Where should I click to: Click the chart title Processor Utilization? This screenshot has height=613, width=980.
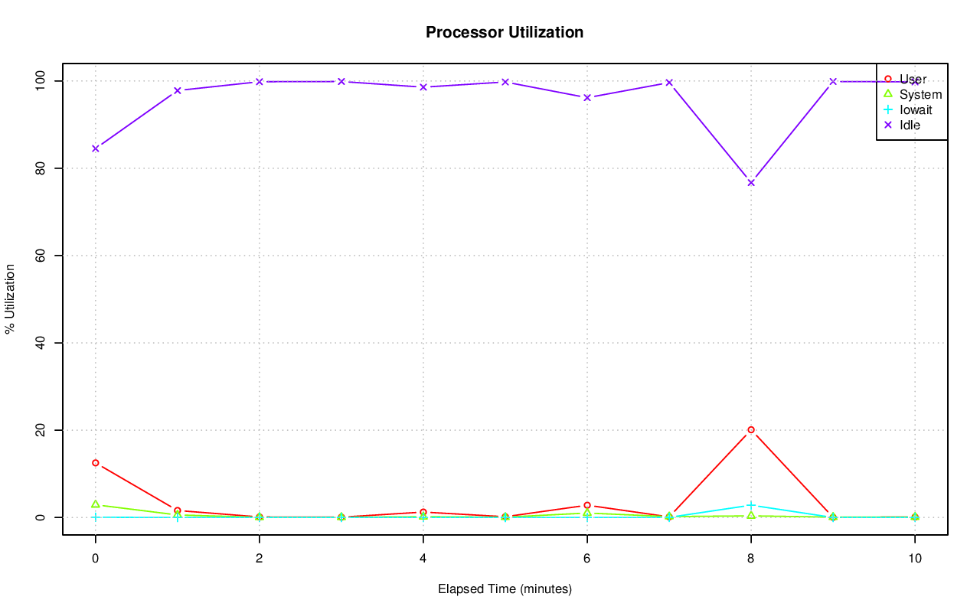[505, 32]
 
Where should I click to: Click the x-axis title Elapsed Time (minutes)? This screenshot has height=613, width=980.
[505, 589]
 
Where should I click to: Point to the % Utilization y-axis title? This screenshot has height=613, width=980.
[10, 298]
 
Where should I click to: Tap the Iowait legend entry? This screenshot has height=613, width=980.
[915, 109]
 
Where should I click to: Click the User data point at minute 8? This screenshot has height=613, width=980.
[751, 430]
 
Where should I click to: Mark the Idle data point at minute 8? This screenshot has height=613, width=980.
[751, 182]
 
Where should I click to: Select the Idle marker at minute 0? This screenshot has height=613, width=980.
[96, 148]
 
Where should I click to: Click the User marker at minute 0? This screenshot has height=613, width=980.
[96, 463]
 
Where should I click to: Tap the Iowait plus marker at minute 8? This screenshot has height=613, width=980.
[751, 505]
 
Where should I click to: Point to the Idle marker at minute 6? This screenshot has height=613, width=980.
[587, 97]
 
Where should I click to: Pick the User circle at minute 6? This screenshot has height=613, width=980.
[587, 505]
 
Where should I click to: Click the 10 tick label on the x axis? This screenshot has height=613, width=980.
[914, 559]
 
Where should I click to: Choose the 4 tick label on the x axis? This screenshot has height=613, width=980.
[423, 559]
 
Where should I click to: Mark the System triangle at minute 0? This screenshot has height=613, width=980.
[96, 504]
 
